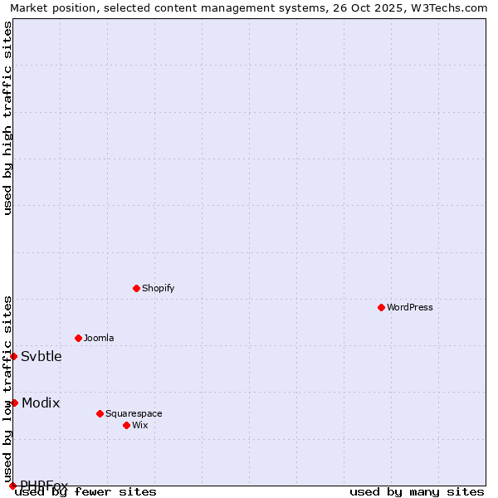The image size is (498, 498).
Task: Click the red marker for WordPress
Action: click(381, 307)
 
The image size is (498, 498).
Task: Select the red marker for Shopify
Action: click(136, 288)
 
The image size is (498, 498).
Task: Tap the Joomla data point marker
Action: click(78, 338)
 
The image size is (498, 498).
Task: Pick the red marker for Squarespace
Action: click(100, 413)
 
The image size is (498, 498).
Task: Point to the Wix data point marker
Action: click(126, 425)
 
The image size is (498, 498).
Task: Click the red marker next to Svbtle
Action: click(13, 356)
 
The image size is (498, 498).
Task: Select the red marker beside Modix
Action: click(14, 403)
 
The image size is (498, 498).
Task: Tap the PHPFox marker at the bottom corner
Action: click(12, 486)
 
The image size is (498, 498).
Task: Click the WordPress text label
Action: click(410, 307)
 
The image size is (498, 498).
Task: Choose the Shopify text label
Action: click(158, 288)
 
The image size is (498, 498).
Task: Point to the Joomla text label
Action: click(99, 338)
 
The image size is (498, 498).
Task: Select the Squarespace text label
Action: click(134, 413)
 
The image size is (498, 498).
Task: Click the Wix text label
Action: click(140, 425)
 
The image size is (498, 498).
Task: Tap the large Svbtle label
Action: click(41, 357)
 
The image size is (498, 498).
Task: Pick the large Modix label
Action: click(41, 403)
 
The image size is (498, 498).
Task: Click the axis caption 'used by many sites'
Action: click(417, 492)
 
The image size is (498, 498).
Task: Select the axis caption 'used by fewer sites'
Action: click(86, 492)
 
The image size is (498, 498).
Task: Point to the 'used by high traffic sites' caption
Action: click(8, 118)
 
